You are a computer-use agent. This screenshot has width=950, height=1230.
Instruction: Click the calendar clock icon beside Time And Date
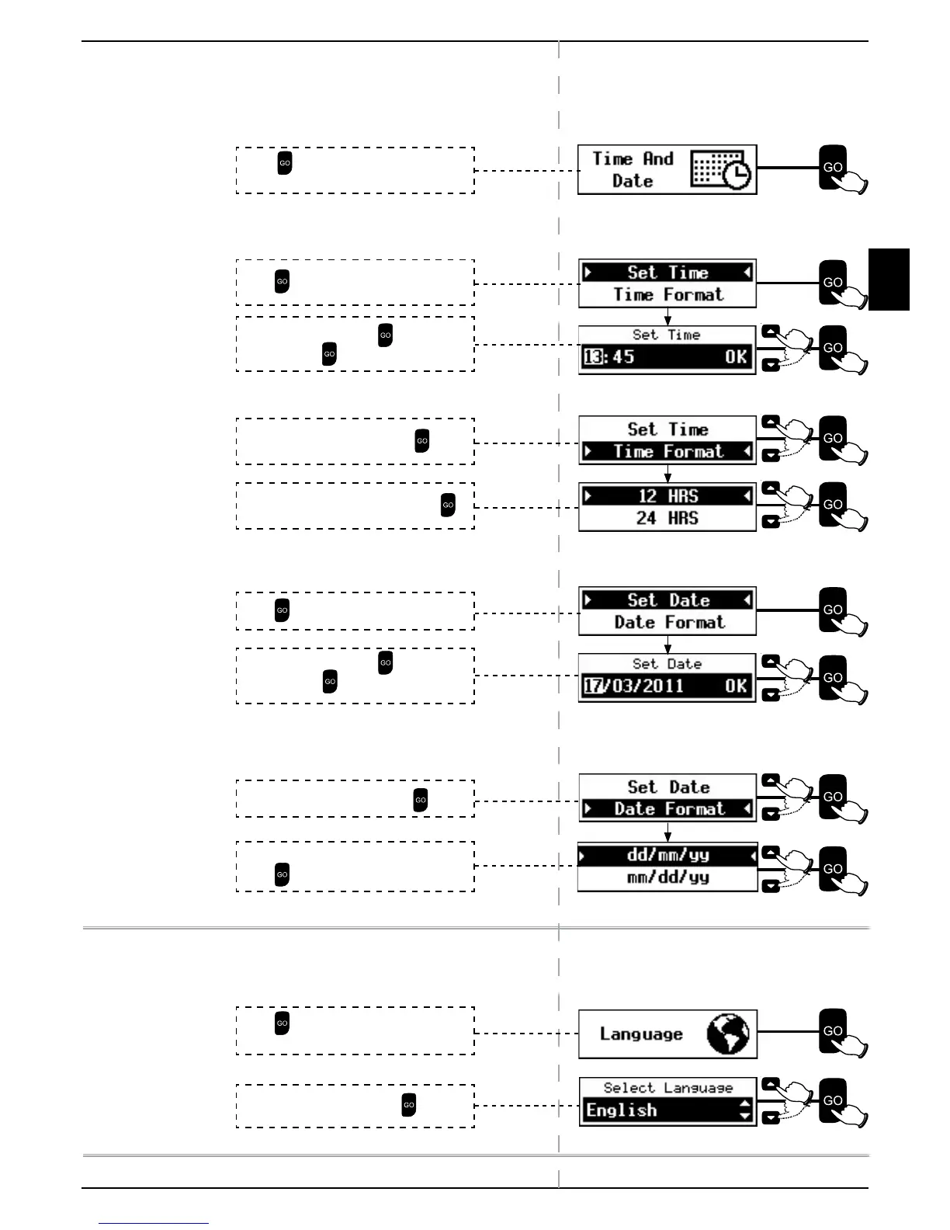pyautogui.click(x=721, y=170)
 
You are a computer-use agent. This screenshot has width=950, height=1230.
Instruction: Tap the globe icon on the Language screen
pyautogui.click(x=728, y=1034)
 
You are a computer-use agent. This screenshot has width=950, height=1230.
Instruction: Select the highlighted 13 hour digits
pyautogui.click(x=592, y=357)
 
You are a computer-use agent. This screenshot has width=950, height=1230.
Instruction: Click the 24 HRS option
pyautogui.click(x=667, y=518)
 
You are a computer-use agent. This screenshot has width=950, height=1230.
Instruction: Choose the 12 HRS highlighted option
pyautogui.click(x=667, y=496)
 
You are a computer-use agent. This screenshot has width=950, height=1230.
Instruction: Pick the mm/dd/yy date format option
pyautogui.click(x=667, y=877)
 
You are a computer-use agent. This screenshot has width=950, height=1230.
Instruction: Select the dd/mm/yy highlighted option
pyautogui.click(x=667, y=855)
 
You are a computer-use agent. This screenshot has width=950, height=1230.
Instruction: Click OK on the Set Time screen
pyautogui.click(x=736, y=357)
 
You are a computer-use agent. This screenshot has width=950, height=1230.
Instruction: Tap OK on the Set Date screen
pyautogui.click(x=736, y=686)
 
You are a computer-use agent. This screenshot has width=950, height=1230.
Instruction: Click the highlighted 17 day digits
pyautogui.click(x=593, y=686)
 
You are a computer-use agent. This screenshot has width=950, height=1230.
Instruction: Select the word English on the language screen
pyautogui.click(x=622, y=1110)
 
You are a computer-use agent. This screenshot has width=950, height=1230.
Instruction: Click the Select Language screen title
pyautogui.click(x=667, y=1088)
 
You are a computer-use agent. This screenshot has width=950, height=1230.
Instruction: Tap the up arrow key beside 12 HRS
pyautogui.click(x=770, y=488)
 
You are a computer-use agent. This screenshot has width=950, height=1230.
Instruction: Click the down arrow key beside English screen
pyautogui.click(x=770, y=1118)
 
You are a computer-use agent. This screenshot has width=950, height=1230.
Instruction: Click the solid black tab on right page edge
pyautogui.click(x=889, y=280)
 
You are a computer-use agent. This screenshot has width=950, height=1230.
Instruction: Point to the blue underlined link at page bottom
pyautogui.click(x=154, y=1223)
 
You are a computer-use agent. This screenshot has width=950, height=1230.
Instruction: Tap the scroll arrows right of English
pyautogui.click(x=745, y=1110)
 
